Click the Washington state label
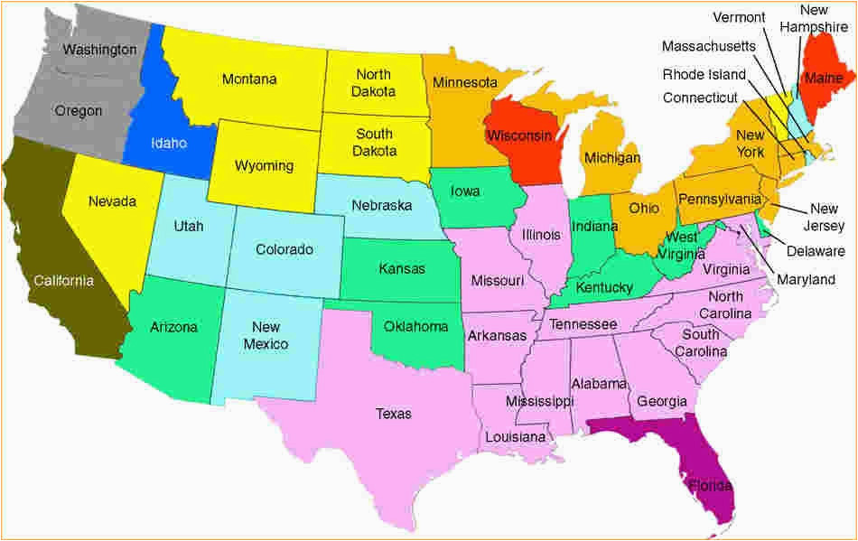pyautogui.click(x=99, y=49)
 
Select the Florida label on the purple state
pyautogui.click(x=711, y=486)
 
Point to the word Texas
pyautogui.click(x=393, y=414)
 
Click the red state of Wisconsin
pyautogui.click(x=519, y=135)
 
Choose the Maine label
pyautogui.click(x=823, y=79)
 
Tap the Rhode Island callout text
pyautogui.click(x=704, y=74)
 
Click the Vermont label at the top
pyautogui.click(x=739, y=17)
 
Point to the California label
pyautogui.click(x=63, y=281)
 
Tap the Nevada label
pyautogui.click(x=112, y=201)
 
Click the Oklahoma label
pyautogui.click(x=415, y=326)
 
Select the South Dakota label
pyautogui.click(x=374, y=143)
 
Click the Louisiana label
pyautogui.click(x=515, y=437)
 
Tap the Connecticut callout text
pyautogui.click(x=700, y=98)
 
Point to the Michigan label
pyautogui.click(x=611, y=158)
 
